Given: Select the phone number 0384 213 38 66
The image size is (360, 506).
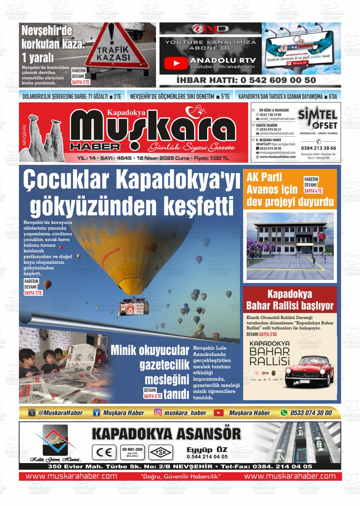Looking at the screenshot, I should [x=318, y=148].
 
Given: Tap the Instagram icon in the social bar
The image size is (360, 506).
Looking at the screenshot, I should [x=158, y=413].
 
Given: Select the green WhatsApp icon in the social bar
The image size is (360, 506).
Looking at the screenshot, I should [x=284, y=413].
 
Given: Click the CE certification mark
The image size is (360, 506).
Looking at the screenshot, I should [x=102, y=453].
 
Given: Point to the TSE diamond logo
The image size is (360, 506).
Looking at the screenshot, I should [x=161, y=453].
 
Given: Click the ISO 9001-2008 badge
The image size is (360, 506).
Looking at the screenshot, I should [x=132, y=452].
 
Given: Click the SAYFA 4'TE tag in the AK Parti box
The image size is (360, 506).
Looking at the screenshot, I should [x=313, y=191].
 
